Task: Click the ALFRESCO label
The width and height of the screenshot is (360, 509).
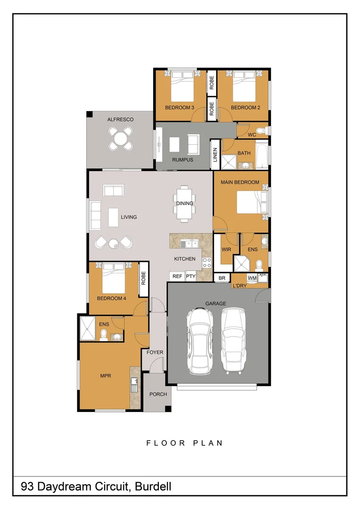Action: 120,120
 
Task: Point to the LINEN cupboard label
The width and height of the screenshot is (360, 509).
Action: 215,155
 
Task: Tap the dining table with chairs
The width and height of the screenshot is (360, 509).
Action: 184,204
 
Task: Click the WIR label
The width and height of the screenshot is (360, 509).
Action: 226,249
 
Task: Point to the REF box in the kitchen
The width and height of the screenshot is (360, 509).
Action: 177,277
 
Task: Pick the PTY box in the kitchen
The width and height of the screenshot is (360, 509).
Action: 190,277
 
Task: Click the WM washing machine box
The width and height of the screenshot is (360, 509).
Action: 252,278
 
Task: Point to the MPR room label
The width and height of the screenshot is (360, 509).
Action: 105,376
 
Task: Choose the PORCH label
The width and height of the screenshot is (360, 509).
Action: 158,394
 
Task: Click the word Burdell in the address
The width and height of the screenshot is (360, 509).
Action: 154,487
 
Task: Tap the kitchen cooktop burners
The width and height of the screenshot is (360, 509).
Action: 207,263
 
